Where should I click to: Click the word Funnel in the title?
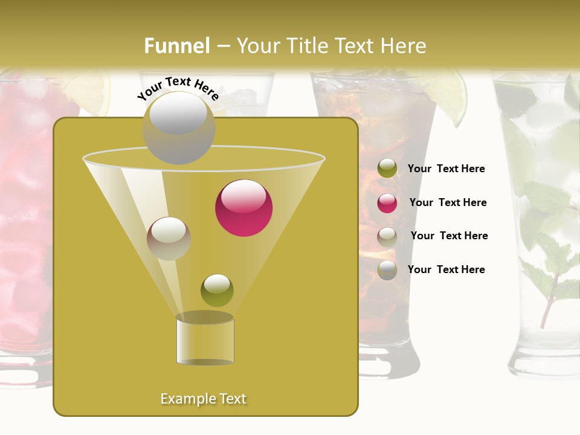tap(176, 46)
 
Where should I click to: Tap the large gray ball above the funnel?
tap(178, 127)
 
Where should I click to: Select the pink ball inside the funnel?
tap(243, 208)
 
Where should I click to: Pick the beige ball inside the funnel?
tap(169, 239)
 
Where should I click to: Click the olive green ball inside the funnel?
tap(217, 291)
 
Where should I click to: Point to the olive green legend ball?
tap(387, 169)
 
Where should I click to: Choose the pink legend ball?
tap(387, 202)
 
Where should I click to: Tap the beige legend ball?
tap(387, 236)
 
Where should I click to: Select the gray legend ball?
tap(387, 270)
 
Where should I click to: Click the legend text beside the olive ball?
tap(446, 169)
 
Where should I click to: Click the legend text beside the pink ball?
tap(448, 202)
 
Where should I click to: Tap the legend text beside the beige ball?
tap(449, 236)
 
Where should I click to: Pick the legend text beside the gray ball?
tap(446, 269)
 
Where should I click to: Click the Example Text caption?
tap(204, 399)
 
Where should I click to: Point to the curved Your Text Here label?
tap(178, 88)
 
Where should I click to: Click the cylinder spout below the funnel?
tap(205, 340)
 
